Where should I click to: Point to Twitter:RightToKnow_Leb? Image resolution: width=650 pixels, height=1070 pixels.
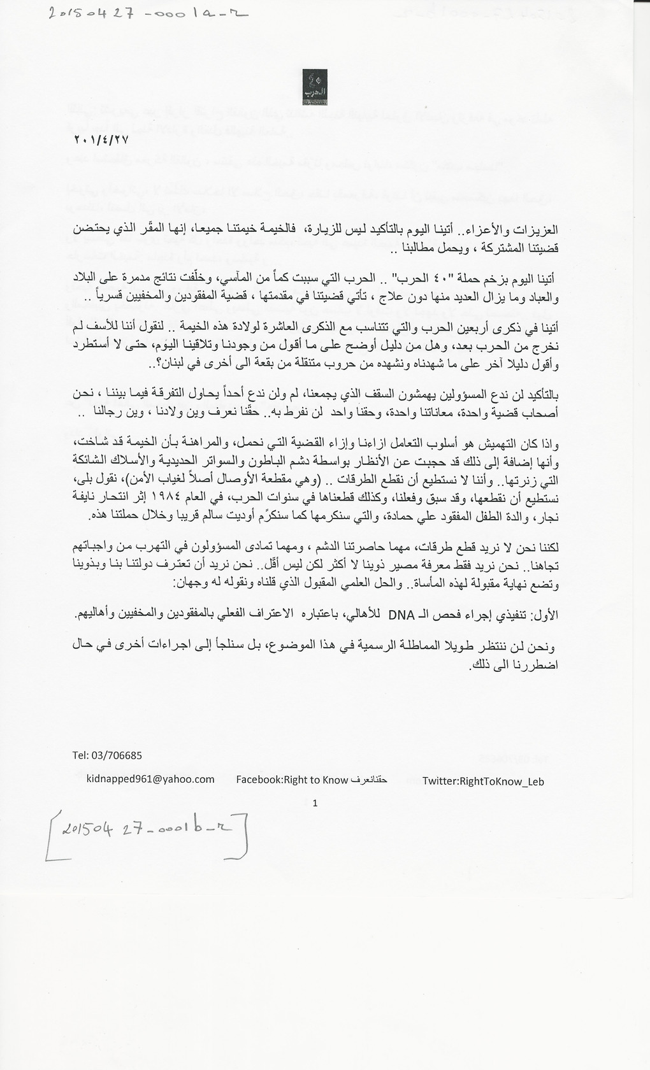(483, 781)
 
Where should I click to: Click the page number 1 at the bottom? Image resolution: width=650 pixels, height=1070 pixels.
(315, 803)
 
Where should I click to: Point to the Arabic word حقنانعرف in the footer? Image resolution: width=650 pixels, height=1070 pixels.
(369, 780)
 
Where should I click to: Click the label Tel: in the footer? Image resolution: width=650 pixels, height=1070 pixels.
(81, 755)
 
